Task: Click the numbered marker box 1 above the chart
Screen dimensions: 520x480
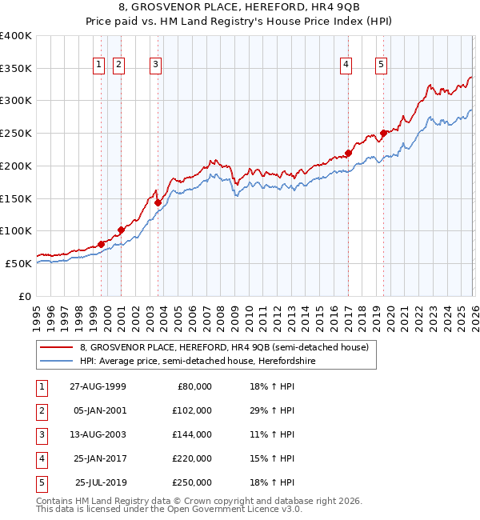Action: pyautogui.click(x=99, y=65)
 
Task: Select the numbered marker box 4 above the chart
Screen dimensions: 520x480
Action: pyautogui.click(x=346, y=65)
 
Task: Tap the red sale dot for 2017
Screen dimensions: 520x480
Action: pyautogui.click(x=349, y=153)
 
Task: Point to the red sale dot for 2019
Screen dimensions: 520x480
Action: pyautogui.click(x=384, y=134)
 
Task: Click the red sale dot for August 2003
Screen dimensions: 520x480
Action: pyautogui.click(x=158, y=202)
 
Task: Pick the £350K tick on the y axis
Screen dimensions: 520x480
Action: pyautogui.click(x=16, y=69)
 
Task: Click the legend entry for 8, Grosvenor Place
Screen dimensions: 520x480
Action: pyautogui.click(x=224, y=348)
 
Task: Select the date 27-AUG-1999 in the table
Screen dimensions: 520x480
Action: pyautogui.click(x=98, y=386)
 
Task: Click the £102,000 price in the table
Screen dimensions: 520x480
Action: pyautogui.click(x=192, y=410)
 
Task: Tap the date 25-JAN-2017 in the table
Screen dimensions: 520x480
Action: pyautogui.click(x=98, y=458)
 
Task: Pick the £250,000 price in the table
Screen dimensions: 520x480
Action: pyautogui.click(x=192, y=482)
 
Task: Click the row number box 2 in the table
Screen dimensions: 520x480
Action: pyautogui.click(x=40, y=410)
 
